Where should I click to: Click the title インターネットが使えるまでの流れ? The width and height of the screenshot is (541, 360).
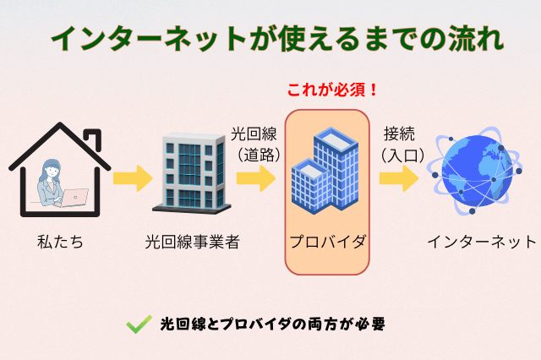pos(270,38)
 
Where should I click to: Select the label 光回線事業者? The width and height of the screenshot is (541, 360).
pos(193,243)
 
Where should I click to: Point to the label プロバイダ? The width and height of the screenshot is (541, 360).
pos(327,243)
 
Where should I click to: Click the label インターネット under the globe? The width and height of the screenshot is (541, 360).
pos(481,243)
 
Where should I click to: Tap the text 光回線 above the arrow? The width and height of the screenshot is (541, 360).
pos(254,134)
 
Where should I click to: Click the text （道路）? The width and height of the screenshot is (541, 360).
pos(254,154)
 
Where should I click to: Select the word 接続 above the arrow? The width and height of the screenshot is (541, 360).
pos(398,134)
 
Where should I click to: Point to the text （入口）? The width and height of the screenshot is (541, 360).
pos(398,154)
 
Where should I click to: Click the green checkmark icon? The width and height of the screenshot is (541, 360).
pos(138,324)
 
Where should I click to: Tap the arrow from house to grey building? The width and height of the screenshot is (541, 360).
pos(132,178)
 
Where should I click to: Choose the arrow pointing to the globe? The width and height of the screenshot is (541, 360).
pos(398,178)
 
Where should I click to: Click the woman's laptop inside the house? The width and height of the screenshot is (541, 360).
pos(76,197)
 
